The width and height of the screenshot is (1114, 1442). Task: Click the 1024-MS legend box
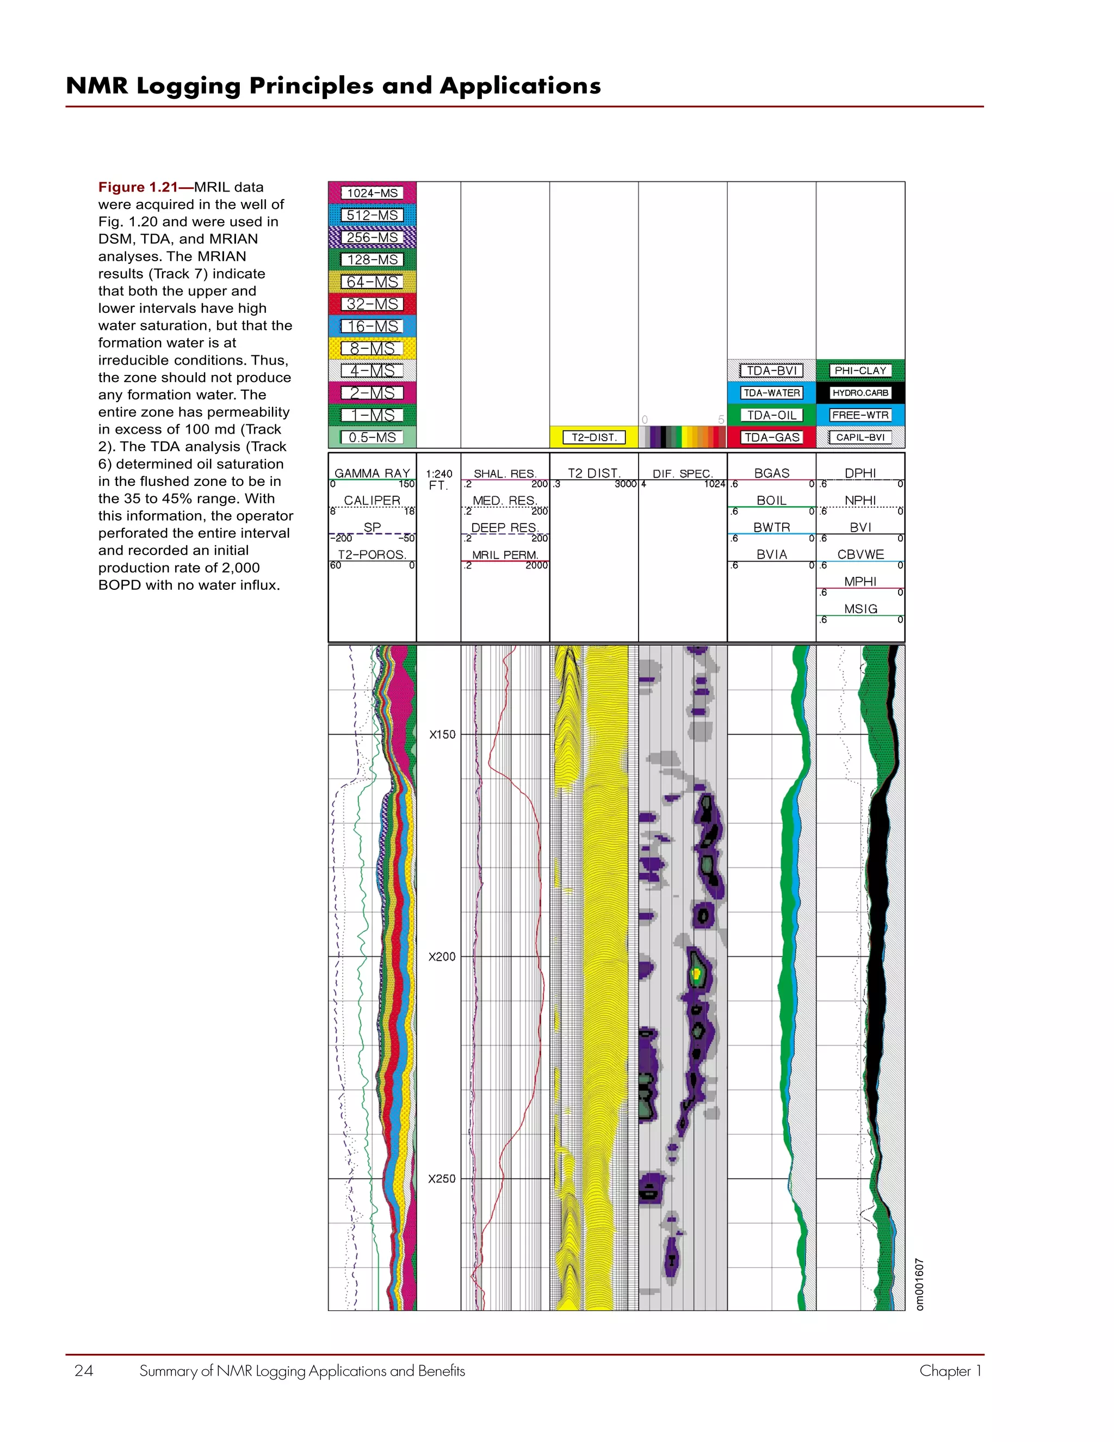tap(372, 193)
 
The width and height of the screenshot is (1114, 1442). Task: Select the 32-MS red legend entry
tap(372, 304)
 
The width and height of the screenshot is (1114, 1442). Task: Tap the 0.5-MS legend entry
tap(372, 437)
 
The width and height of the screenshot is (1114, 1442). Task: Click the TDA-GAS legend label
tap(771, 437)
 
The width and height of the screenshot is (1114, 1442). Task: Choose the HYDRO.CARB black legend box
tap(860, 393)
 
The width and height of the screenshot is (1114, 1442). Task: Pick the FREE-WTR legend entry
tap(860, 415)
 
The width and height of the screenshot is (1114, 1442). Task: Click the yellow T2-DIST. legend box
tap(593, 437)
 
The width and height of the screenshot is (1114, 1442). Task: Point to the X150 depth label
tap(442, 734)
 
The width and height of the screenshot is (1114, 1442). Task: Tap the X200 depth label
tap(442, 957)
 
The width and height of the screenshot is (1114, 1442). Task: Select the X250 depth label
tap(442, 1179)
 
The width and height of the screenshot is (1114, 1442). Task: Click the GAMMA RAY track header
tap(372, 473)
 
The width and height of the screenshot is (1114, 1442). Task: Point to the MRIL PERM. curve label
tap(505, 554)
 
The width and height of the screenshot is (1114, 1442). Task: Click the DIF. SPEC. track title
tap(683, 473)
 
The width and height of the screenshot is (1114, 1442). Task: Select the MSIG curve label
tap(860, 609)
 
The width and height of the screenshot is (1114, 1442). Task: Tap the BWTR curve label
tap(771, 527)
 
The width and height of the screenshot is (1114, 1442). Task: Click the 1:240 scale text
tap(439, 473)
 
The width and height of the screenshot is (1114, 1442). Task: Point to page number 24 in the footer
tap(84, 1371)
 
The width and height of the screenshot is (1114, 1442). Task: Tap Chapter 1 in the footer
tap(950, 1371)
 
